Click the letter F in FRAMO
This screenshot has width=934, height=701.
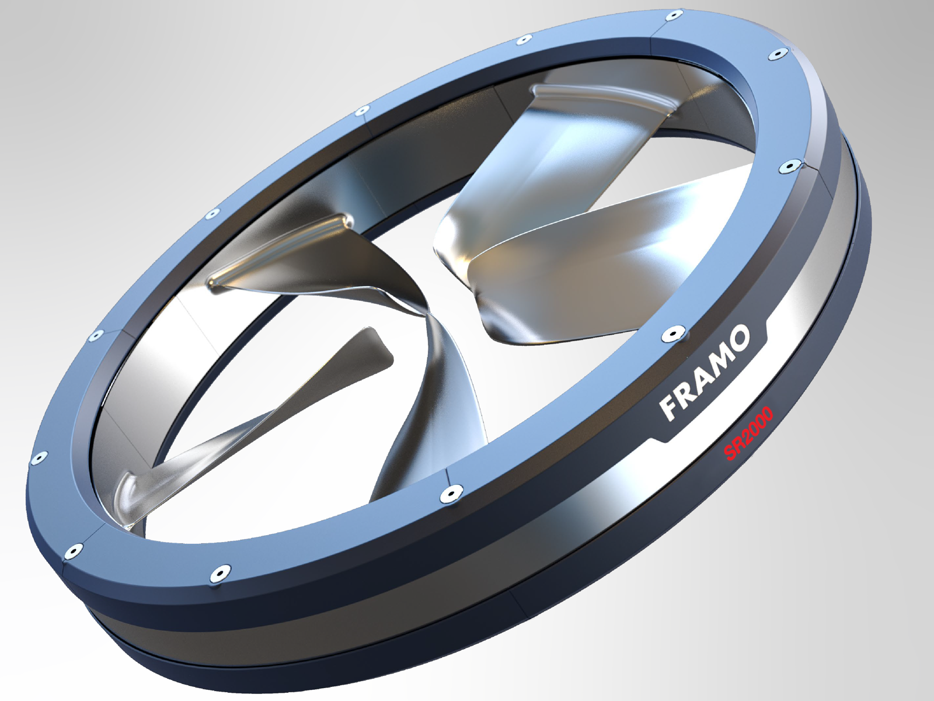coord(670,408)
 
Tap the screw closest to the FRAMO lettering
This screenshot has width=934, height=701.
coord(672,334)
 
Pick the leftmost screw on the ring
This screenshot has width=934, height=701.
coord(39,457)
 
